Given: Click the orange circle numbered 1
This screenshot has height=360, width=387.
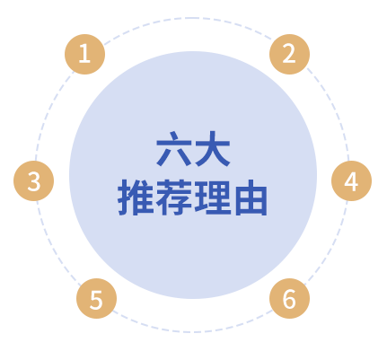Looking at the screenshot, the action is coord(84,54).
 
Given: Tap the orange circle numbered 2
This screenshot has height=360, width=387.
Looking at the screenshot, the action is coord(289,54).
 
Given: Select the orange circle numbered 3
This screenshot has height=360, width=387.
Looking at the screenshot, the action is coord(34,180).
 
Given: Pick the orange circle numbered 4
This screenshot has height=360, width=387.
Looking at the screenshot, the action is coord(351,180).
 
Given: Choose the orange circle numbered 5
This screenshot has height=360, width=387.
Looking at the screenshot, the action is coord(96,298).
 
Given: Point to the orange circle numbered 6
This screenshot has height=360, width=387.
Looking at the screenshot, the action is coord(289,298).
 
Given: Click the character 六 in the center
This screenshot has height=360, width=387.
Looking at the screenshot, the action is coord(174,148).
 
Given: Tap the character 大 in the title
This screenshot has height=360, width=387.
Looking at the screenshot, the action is coord(213,148).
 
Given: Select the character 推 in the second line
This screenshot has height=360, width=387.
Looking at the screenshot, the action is coord(136,198).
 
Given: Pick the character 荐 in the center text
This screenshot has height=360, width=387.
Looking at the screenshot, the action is coord(174,198).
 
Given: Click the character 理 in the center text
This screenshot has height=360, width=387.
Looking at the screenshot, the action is coord(213,198).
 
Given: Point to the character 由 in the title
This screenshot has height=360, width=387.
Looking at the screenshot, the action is coord(251,198).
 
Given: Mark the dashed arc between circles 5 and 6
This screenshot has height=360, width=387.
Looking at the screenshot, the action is coord(191,331).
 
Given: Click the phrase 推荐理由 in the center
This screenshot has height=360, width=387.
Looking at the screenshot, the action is coord(192,198).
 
